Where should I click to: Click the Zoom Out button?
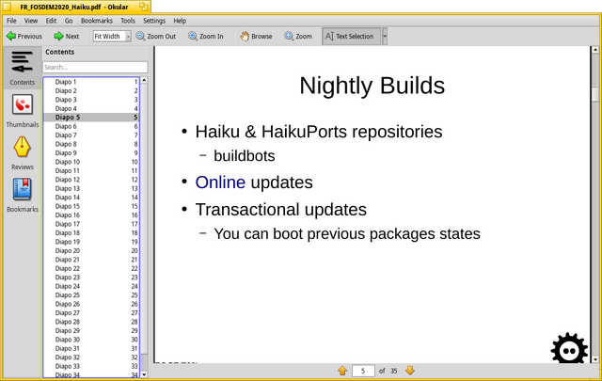(x=156, y=36)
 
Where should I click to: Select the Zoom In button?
(x=206, y=36)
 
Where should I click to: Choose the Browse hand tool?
(x=256, y=36)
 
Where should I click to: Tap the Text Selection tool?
(x=349, y=36)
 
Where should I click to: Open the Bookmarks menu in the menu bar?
(x=96, y=21)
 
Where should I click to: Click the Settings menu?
(x=154, y=21)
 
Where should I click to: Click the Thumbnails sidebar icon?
(x=23, y=104)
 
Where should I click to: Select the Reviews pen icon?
(x=23, y=147)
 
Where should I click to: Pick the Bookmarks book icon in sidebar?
(x=23, y=189)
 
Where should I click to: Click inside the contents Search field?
(x=95, y=67)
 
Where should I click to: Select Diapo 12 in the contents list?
(x=68, y=180)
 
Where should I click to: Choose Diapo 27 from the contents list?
(x=68, y=312)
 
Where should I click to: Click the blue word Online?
(x=220, y=183)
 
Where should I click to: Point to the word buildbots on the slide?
(x=245, y=156)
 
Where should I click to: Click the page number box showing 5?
(x=363, y=371)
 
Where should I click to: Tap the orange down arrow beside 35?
(x=410, y=371)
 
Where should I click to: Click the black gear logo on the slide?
(x=569, y=348)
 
